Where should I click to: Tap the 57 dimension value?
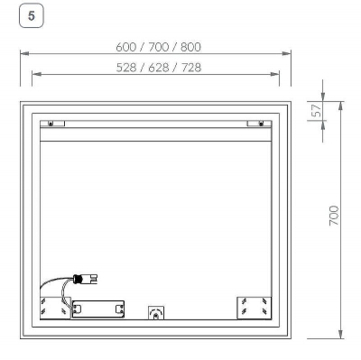[315, 113]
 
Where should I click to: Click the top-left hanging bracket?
[51, 124]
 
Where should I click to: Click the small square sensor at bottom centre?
[155, 313]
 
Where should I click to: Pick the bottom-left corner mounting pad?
[54, 308]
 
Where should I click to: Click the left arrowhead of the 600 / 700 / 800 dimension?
[23, 56]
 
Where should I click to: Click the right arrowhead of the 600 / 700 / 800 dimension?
[288, 56]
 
